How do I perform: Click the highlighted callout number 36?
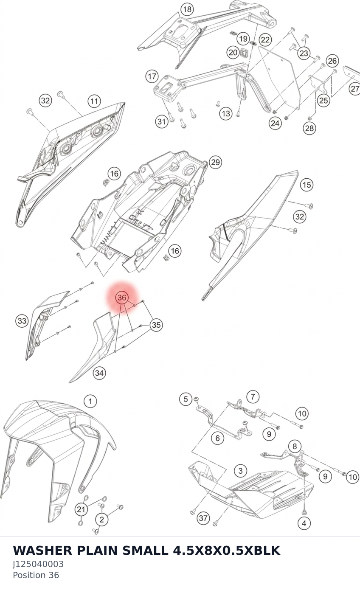(x=122, y=298)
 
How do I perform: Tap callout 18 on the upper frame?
(x=187, y=9)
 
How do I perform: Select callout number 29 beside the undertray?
(x=215, y=162)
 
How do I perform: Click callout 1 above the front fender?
(x=90, y=401)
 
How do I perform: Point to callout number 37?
(x=203, y=518)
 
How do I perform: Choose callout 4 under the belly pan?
(x=304, y=523)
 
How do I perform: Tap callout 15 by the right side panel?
(x=307, y=185)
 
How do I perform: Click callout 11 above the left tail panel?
(x=94, y=101)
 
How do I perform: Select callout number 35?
(x=156, y=325)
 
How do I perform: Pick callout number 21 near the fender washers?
(x=81, y=509)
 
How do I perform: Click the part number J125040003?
(x=38, y=564)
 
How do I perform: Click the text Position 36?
(x=36, y=575)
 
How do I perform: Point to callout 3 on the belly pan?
(x=240, y=470)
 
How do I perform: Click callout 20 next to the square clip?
(x=233, y=52)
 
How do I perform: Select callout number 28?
(x=309, y=128)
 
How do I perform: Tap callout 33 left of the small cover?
(x=22, y=321)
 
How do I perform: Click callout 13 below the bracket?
(x=226, y=113)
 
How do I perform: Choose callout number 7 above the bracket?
(x=253, y=397)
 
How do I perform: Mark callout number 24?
(x=275, y=123)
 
